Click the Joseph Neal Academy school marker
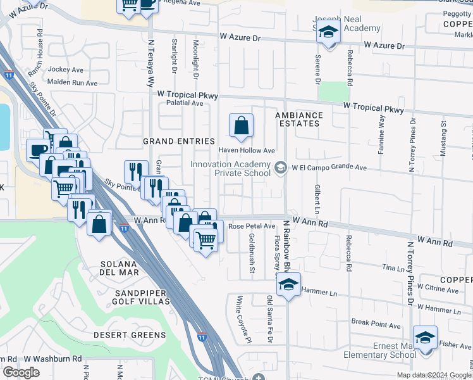click(x=328, y=32)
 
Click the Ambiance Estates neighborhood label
click(x=299, y=119)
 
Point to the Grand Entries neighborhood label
click(x=179, y=141)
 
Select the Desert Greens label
click(x=130, y=334)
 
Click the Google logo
click(x=20, y=372)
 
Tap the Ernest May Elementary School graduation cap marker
click(x=425, y=339)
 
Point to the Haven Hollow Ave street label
click(x=247, y=151)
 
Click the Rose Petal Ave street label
click(x=251, y=226)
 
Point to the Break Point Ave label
click(x=376, y=326)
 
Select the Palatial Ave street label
click(x=177, y=103)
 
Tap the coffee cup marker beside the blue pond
click(x=37, y=151)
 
